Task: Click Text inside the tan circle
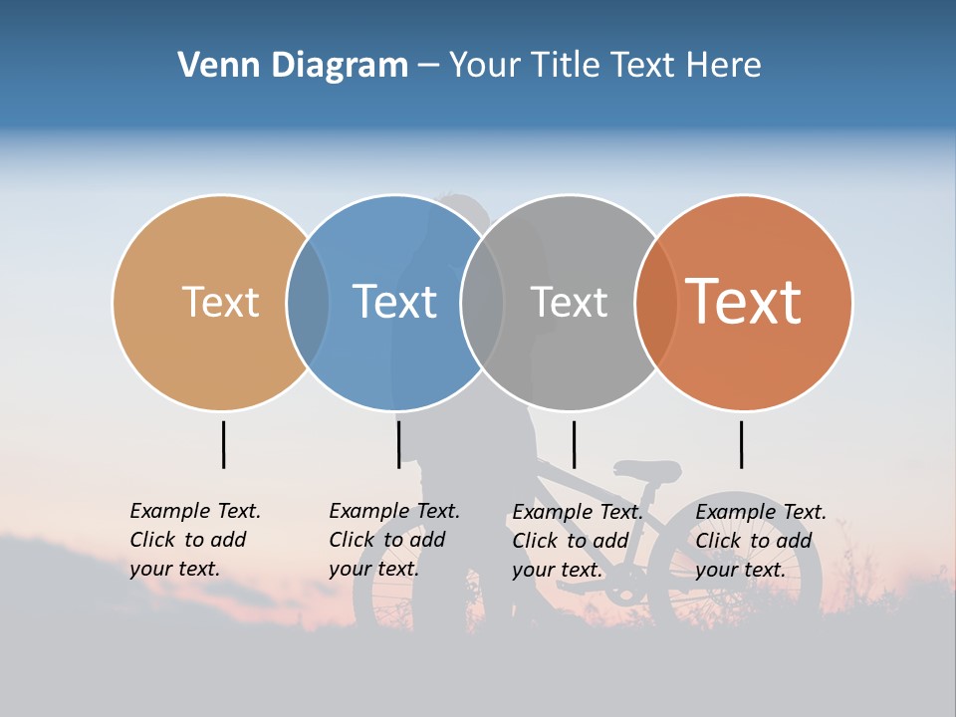220,302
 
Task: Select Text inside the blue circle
394,302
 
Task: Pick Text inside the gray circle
569,302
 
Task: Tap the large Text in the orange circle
744,302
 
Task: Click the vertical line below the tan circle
223,444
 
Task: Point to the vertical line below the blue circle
398,444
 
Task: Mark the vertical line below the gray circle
574,444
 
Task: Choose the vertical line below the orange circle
741,444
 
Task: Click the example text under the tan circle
194,540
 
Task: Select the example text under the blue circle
393,540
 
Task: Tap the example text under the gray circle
577,541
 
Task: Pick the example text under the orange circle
760,541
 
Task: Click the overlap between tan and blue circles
308,302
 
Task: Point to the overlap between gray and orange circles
656,302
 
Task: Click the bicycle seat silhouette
648,469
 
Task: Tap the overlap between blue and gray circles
482,302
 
